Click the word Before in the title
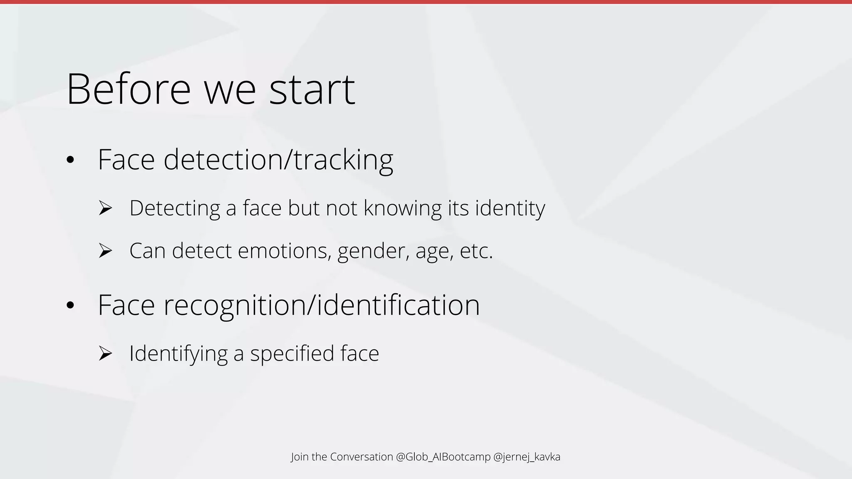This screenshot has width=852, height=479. [129, 89]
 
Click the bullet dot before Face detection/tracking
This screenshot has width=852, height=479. [70, 160]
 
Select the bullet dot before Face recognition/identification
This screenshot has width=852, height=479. [70, 306]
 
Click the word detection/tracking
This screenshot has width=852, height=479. [278, 160]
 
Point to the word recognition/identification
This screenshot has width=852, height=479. [322, 305]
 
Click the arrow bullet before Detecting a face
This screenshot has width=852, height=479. [106, 208]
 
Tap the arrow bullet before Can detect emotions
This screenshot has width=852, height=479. [106, 251]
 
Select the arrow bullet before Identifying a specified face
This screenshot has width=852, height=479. [106, 353]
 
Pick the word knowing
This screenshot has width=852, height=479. [402, 208]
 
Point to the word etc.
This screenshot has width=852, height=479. [476, 251]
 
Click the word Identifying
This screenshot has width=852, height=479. [178, 353]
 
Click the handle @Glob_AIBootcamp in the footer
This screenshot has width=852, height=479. [443, 457]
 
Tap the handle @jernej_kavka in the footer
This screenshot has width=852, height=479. [527, 457]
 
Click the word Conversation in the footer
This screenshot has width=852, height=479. [361, 457]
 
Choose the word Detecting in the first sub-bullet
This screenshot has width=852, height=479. [174, 208]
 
